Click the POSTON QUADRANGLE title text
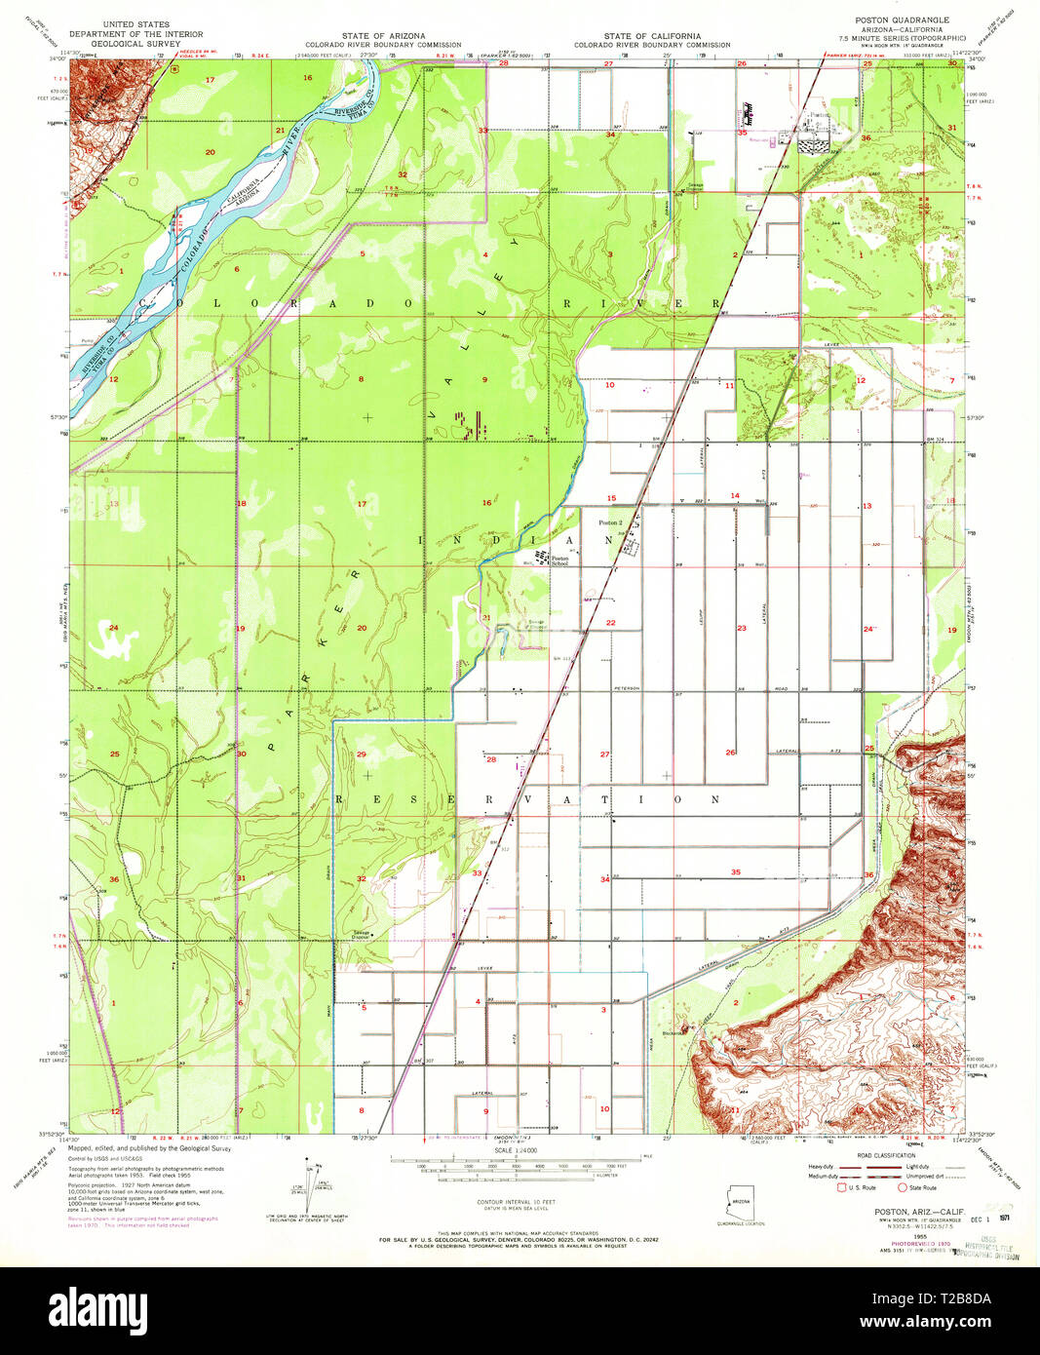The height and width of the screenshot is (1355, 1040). point(901,20)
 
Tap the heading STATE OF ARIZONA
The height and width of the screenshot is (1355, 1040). point(382,36)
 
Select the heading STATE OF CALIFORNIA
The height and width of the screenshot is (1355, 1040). point(651,36)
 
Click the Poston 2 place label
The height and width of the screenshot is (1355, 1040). point(610,523)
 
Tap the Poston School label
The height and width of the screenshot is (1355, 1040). point(559,561)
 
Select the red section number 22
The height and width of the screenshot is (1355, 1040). point(611,623)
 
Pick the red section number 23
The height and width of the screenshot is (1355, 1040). point(742,629)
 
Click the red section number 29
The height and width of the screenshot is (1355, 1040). point(362,755)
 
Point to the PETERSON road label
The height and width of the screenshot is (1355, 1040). point(626,688)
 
